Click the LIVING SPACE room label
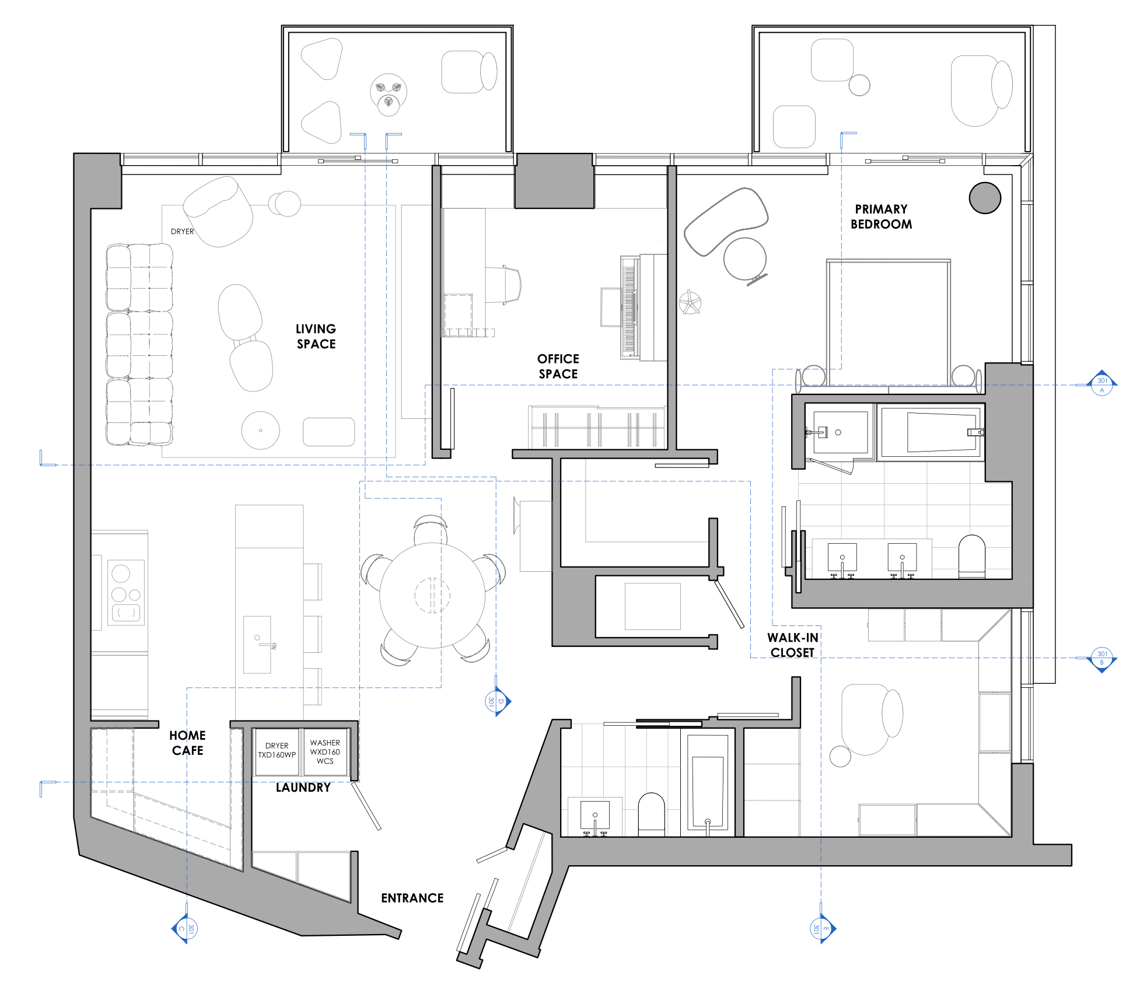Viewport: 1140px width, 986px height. coord(316,337)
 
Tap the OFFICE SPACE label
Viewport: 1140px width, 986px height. coord(558,366)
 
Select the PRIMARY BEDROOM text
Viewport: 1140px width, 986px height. coord(881,216)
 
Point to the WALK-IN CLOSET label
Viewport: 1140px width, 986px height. coord(792,645)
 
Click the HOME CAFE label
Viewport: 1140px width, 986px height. coord(187,743)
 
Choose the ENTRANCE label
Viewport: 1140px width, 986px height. coord(412,898)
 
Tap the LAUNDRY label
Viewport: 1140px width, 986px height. coord(303,788)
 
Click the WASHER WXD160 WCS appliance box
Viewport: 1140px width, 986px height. coord(325,751)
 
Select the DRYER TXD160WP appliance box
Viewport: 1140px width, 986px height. coord(277,751)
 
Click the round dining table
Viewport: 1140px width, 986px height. coord(432,595)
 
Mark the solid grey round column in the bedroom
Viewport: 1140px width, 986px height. coord(985,198)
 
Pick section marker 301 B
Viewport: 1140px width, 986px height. coord(1101,658)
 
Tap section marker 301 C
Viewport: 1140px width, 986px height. coord(186,928)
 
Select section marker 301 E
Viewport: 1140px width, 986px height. coord(821,928)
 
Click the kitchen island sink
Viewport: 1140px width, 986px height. coord(257,645)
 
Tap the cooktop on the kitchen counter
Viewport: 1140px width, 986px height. coord(126,592)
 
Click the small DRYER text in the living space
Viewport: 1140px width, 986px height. coord(182,232)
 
